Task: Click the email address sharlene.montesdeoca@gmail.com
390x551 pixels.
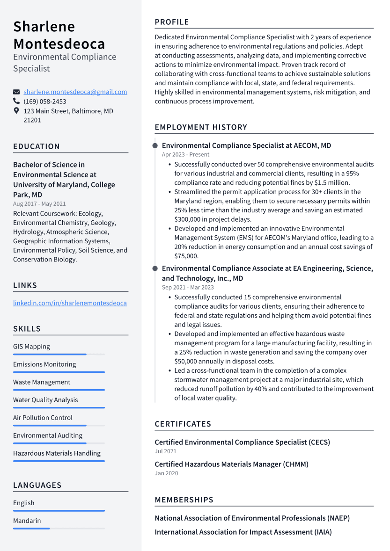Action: tap(75, 92)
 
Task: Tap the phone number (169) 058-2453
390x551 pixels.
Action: tap(45, 101)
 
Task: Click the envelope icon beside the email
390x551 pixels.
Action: tap(16, 92)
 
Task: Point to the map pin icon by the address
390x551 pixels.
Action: tap(16, 111)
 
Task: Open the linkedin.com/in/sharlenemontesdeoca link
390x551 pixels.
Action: tap(70, 303)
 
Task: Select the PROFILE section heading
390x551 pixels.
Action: tap(172, 22)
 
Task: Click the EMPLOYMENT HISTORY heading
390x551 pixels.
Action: tap(201, 127)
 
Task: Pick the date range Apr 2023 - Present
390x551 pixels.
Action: tap(185, 155)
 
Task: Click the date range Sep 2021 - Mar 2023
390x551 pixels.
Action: tap(188, 288)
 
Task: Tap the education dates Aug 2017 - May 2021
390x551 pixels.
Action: tap(39, 204)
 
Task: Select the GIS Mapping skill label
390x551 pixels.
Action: tap(31, 347)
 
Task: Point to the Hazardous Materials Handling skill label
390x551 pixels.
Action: tap(57, 453)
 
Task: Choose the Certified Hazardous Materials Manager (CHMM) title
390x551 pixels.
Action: tap(231, 464)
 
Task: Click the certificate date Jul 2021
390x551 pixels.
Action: tap(166, 452)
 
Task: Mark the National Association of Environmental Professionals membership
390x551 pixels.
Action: tap(252, 518)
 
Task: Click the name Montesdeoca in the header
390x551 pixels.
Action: tap(59, 43)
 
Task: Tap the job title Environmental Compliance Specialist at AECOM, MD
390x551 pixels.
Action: tap(246, 145)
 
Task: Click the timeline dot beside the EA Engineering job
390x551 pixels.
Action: tap(155, 268)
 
